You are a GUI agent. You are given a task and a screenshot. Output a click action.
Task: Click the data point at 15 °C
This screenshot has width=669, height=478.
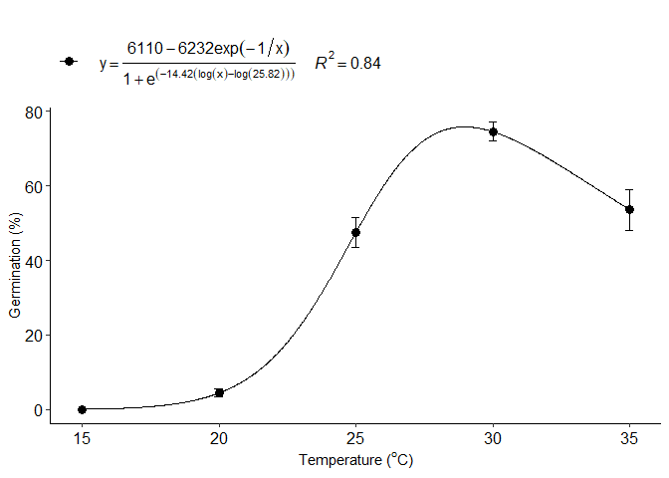pos(82,409)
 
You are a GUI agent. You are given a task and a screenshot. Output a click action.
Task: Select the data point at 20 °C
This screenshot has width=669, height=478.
pos(219,393)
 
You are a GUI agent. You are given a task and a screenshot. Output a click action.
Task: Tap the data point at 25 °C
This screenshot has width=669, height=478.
pos(355,232)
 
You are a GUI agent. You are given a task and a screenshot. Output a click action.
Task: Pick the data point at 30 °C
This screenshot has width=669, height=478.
pos(493,131)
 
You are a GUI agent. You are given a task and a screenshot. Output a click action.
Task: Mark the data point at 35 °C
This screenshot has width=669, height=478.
pos(629,209)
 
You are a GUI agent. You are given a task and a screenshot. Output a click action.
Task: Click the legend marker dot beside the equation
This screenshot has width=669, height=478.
pos(69,62)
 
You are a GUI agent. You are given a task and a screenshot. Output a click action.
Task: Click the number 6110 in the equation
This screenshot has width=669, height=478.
pos(143,49)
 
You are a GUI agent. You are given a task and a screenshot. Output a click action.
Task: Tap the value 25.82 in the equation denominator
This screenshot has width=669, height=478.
pos(266,76)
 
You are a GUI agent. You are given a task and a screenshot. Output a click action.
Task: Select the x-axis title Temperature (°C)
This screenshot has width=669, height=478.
pos(355,460)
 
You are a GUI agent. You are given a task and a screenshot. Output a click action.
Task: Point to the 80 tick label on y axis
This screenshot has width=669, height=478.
pos(33,112)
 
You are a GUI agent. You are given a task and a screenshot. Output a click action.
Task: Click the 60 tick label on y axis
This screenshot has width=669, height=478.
pos(33,186)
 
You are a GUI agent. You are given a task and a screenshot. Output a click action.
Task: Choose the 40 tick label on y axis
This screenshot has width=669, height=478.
pos(33,261)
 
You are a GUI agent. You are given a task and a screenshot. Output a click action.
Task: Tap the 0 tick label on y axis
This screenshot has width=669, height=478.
pos(37,409)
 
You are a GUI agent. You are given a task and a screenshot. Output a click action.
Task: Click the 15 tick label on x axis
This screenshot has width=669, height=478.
pos(82,437)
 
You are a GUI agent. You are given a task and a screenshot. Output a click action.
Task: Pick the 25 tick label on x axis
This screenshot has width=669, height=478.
pos(355,437)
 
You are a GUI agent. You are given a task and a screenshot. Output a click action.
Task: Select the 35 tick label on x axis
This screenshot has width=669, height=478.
pos(629,437)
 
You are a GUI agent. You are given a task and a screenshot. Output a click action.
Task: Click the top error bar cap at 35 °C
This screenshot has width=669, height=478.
pos(629,189)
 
